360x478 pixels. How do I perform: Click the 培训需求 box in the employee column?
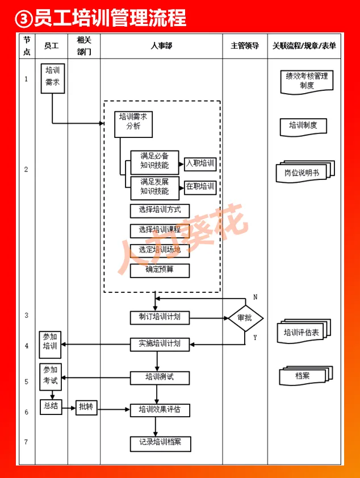pyautogui.click(x=52, y=78)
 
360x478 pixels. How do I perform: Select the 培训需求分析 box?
pyautogui.click(x=133, y=124)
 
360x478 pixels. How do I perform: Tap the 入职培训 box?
pyautogui.click(x=200, y=164)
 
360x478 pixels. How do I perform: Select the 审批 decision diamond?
pyautogui.click(x=245, y=318)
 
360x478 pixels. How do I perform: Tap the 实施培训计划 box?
pyautogui.click(x=160, y=344)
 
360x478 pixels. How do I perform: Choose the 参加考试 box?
pyautogui.click(x=51, y=377)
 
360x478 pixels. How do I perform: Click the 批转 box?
pyautogui.click(x=86, y=407)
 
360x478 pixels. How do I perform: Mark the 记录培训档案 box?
pyautogui.click(x=160, y=443)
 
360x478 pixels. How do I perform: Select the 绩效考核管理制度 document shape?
pyautogui.click(x=307, y=81)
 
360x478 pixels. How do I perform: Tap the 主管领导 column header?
pyautogui.click(x=245, y=46)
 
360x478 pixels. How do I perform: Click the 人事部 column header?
pyautogui.click(x=161, y=46)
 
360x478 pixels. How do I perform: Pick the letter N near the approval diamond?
pyautogui.click(x=255, y=297)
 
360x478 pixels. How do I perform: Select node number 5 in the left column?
pyautogui.click(x=26, y=381)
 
